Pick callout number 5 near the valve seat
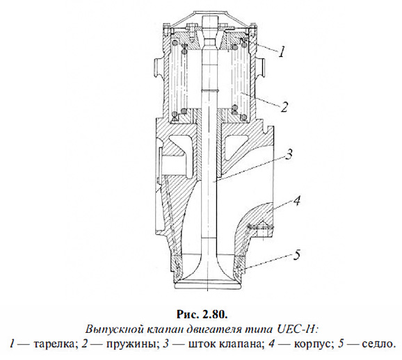[297, 256]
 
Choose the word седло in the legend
[374, 343]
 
